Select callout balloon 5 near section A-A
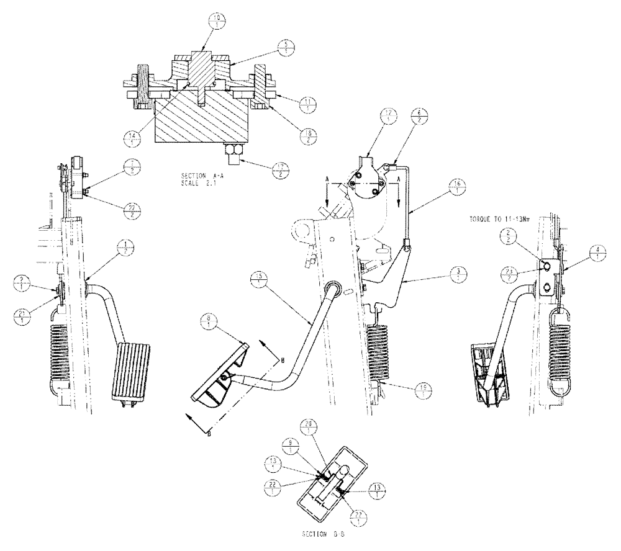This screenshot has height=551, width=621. pos(286,48)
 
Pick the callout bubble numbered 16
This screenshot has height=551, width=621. pos(458,187)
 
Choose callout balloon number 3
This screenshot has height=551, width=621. pos(458,275)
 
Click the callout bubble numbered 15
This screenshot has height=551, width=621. pos(261,277)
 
